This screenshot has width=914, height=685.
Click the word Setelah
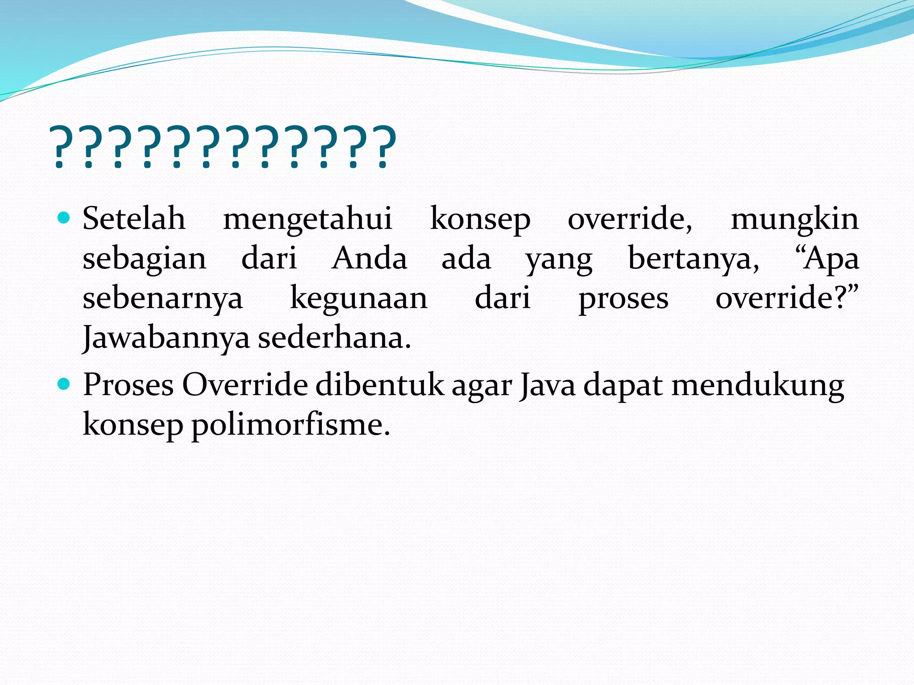pos(134,219)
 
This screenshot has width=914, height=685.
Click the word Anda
pos(369,258)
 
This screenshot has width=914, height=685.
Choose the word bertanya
pos(693,259)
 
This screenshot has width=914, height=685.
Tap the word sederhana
pos(334,338)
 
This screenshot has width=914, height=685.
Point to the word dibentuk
pos(380,384)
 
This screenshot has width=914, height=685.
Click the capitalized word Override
pos(245,384)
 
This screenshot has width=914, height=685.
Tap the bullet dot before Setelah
pos(64,218)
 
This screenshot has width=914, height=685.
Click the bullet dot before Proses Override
pos(64,384)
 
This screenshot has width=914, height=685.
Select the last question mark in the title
pos(383,147)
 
